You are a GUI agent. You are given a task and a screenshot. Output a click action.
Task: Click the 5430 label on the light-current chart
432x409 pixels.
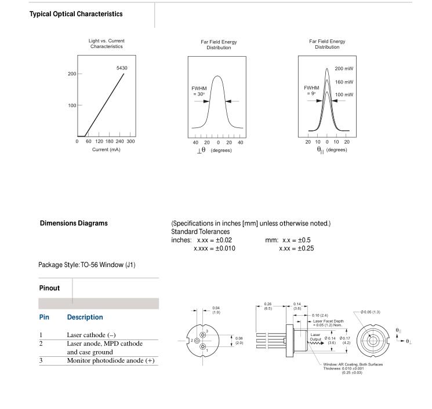pos(122,68)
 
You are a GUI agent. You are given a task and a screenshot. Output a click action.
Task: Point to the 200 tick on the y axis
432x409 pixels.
pos(72,74)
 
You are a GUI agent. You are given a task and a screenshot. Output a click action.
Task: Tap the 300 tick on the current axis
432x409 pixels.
pos(130,141)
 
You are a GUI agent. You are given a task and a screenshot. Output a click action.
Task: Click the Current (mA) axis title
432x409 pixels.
pos(106,149)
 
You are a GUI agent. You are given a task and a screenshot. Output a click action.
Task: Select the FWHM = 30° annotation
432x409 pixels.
pos(199,91)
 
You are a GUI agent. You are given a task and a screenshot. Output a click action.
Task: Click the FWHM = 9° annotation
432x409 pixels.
pos(311,90)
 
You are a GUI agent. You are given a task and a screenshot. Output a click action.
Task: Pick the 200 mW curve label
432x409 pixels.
pos(344,68)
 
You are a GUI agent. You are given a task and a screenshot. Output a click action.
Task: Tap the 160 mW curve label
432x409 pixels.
pos(344,82)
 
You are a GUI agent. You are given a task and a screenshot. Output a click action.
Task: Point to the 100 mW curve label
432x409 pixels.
pos(344,94)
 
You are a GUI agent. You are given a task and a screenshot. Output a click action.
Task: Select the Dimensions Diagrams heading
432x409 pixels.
pos(74,223)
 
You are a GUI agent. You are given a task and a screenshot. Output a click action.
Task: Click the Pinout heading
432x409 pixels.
pos(50,288)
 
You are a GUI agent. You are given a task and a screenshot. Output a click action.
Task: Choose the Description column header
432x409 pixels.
pos(85,317)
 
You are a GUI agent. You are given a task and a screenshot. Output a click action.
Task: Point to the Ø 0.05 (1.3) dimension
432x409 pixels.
pos(372,312)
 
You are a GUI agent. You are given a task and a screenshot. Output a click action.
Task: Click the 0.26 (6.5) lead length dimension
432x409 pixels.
pos(268,305)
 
